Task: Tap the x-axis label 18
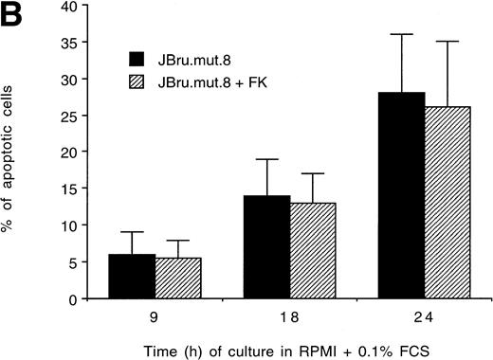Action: [x=289, y=316]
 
